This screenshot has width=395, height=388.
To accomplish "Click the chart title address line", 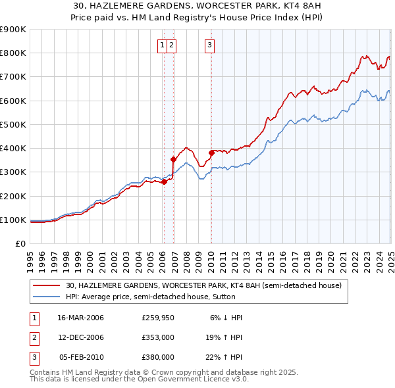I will click(x=197, y=6).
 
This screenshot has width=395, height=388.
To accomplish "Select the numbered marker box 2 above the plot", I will click(x=171, y=45).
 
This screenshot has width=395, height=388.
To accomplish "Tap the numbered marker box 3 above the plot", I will click(x=209, y=45).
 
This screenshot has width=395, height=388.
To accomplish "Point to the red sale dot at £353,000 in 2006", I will click(x=173, y=159).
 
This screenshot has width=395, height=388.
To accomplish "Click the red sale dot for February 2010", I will click(x=211, y=153).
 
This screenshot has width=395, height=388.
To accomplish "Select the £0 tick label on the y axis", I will click(x=20, y=243).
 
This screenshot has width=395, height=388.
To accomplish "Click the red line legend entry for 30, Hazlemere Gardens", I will click(x=203, y=286).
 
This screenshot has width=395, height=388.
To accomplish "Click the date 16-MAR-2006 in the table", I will click(x=81, y=318).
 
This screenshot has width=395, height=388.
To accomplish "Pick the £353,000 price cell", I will click(x=158, y=337).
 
